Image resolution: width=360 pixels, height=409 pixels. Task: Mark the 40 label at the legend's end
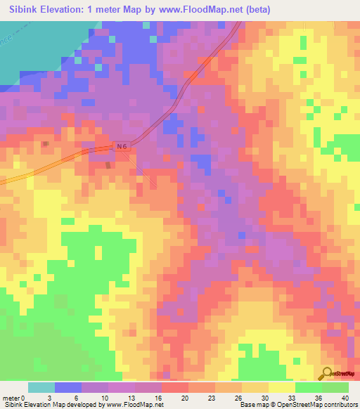click(344, 397)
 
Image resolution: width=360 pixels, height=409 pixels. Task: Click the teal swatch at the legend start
click(41, 387)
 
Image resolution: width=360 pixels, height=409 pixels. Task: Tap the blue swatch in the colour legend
click(68, 387)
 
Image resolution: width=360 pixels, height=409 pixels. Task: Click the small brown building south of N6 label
click(108, 165)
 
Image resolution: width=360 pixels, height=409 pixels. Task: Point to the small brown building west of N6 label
click(46, 144)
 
